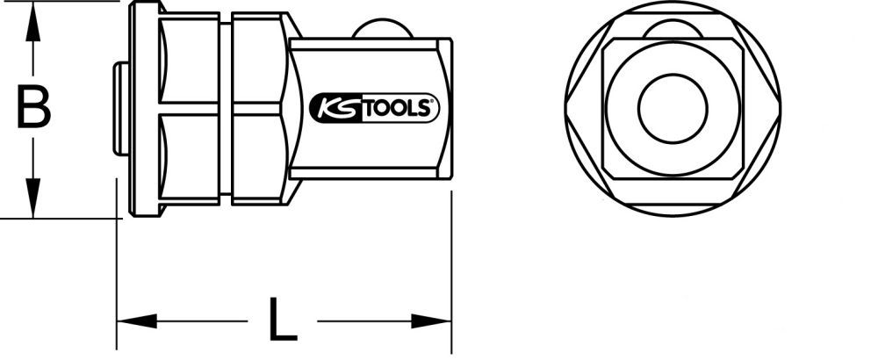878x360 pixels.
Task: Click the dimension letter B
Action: click(33, 109)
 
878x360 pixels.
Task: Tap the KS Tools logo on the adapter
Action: click(374, 109)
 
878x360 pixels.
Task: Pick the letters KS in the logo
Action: click(332, 109)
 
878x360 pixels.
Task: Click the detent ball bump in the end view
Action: click(673, 30)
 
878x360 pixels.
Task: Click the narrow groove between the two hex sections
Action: click(225, 109)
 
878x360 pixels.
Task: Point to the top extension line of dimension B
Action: click(61, 2)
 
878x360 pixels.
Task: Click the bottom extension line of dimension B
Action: click(61, 217)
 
